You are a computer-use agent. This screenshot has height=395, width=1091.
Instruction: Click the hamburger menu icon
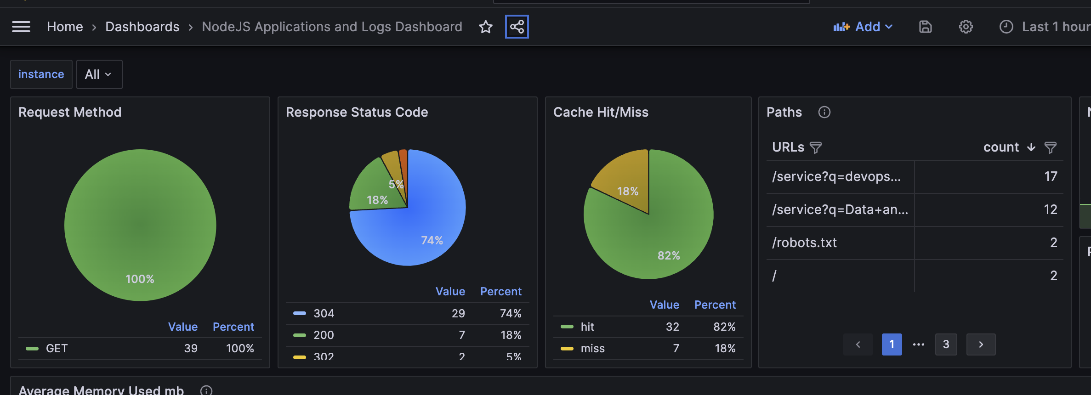tap(21, 27)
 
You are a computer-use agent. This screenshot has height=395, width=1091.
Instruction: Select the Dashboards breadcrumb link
tap(142, 27)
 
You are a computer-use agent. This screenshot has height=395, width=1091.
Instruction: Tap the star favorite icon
tap(486, 27)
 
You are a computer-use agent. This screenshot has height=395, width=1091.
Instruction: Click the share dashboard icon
tap(517, 27)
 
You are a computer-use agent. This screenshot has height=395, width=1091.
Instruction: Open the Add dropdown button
tap(863, 27)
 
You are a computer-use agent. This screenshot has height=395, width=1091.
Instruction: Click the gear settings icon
tap(966, 27)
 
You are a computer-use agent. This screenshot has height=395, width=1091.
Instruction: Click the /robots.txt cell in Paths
tap(805, 243)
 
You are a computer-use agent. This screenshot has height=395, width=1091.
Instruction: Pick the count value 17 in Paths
tap(1051, 176)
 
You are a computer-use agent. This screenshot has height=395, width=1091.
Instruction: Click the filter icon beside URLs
tap(816, 147)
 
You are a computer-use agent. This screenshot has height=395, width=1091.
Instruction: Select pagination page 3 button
tap(946, 344)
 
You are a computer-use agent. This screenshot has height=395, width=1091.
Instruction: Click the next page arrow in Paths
tap(981, 344)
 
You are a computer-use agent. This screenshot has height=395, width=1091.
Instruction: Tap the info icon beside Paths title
tap(824, 112)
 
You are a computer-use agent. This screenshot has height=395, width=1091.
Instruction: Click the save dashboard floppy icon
tap(926, 27)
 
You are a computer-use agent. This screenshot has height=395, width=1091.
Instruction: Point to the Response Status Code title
tap(357, 112)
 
